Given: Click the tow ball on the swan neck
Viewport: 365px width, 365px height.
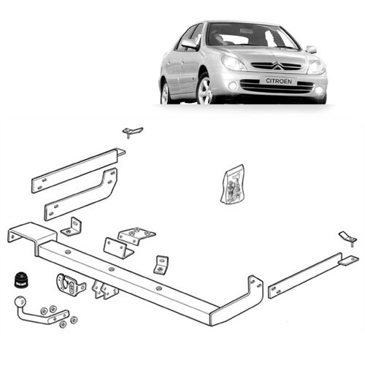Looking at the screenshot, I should (x=19, y=301).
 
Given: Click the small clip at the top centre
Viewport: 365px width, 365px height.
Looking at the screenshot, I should (x=132, y=131).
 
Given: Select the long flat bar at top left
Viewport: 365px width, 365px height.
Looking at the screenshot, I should (x=77, y=169).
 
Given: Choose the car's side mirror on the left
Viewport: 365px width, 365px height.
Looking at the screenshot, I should (x=190, y=45).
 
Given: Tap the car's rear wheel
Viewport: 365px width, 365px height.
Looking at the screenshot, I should (x=166, y=93).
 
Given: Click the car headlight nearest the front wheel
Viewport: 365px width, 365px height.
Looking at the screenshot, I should (x=234, y=63).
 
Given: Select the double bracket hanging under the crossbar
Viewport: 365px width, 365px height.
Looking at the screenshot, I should (x=107, y=290).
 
